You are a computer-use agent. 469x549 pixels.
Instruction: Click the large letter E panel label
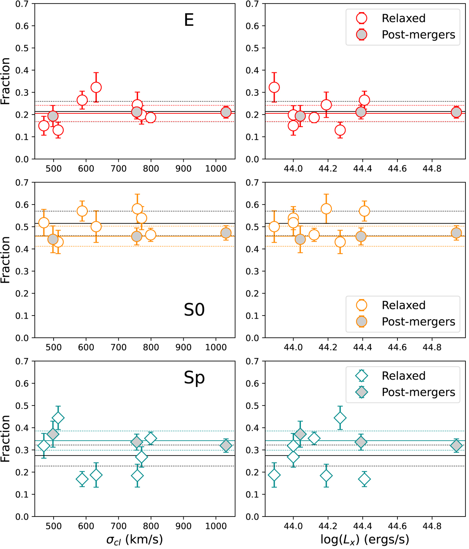coord(189,20)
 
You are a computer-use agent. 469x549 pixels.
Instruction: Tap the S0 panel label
coord(194,310)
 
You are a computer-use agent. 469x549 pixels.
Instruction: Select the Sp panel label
coord(194,378)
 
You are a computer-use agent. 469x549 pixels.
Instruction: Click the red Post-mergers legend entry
coord(418,35)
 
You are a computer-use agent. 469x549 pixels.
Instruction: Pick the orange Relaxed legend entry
coord(403,305)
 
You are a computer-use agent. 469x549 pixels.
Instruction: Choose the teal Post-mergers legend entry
coord(418,392)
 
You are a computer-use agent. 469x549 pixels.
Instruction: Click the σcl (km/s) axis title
coord(134,540)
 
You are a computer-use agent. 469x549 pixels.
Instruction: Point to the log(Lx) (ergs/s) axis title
coord(365,540)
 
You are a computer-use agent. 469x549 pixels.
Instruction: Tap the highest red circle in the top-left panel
coord(96,87)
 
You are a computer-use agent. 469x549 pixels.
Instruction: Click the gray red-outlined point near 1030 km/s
coord(226,112)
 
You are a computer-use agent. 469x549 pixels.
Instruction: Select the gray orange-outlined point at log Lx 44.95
coord(456,233)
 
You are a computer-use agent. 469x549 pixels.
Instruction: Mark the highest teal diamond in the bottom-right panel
coord(340,418)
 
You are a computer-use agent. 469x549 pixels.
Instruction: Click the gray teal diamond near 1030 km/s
coord(226,445)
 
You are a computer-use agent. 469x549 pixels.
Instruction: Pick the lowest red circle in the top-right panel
coord(340,130)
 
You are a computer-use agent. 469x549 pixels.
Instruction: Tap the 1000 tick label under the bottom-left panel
coord(216,526)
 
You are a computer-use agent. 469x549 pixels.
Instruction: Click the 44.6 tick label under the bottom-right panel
coord(397,526)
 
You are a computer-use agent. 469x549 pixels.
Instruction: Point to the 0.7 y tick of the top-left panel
coord(23,4)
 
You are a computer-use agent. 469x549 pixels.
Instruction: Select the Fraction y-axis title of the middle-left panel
coord(5,260)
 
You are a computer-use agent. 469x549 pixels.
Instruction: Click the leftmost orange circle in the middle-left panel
coord(44,223)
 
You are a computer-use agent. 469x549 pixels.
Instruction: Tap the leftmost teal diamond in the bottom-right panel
coord(274,475)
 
